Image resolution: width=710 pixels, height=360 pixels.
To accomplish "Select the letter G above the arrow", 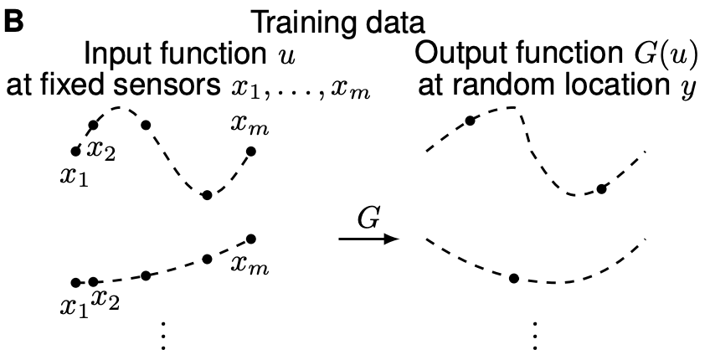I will [369, 219].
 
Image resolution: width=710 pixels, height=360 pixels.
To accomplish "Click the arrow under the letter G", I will [368, 239].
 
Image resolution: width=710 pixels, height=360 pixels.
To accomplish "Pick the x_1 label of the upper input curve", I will [74, 177].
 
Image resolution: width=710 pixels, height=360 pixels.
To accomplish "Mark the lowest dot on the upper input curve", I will [207, 195].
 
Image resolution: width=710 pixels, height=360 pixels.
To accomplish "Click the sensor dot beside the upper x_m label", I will [250, 152].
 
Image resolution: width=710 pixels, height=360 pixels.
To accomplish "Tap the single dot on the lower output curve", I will [514, 277].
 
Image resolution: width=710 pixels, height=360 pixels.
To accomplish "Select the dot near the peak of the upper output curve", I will [471, 121].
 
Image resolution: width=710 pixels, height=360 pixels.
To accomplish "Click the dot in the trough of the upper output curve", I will [600, 188].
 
